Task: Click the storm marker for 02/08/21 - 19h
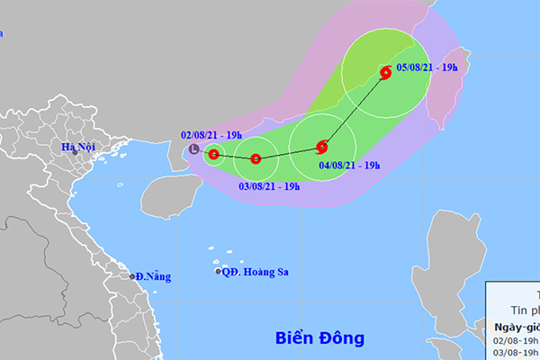[x=213, y=155]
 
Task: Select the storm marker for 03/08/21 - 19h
[x=256, y=159]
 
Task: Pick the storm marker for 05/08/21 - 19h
[x=385, y=74]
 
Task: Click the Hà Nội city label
[x=78, y=147]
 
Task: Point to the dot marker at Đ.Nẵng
[x=132, y=276]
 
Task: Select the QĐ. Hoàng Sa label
[x=258, y=271]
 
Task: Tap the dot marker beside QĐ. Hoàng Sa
[x=218, y=271]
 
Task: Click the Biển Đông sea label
[x=320, y=338]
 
